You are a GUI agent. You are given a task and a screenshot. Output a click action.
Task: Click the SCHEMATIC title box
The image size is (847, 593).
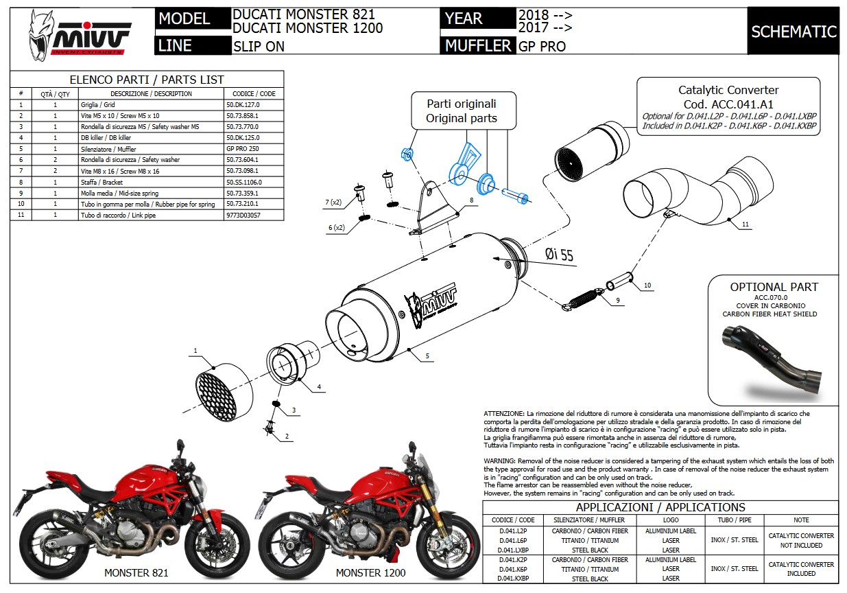coord(793,32)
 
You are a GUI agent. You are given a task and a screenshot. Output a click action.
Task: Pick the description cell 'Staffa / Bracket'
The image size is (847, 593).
coord(150,182)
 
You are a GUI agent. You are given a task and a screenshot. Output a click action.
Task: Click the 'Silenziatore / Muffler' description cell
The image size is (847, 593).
coord(150,148)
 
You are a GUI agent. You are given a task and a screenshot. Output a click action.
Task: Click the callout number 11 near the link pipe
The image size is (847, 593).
coord(745,224)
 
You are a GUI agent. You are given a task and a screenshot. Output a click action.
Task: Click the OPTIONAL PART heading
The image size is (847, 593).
coord(774,287)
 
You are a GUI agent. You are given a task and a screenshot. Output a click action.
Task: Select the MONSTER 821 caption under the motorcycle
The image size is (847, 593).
coord(136,572)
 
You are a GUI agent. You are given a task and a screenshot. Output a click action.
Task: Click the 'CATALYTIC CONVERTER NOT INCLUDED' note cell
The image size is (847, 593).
coord(800,540)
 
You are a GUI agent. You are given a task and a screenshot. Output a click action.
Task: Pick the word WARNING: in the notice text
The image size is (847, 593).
coord(504,461)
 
